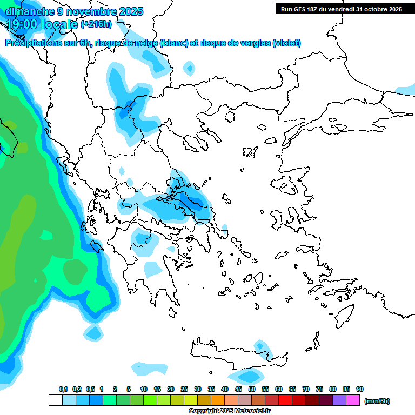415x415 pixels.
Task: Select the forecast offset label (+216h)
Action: (96, 24)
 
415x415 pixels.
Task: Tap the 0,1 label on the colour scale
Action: (63, 389)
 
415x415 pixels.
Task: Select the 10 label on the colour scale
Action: (144, 389)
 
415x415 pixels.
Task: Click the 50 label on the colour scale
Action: (252, 389)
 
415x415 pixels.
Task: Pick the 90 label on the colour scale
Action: (360, 389)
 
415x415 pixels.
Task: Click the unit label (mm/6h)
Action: (377, 401)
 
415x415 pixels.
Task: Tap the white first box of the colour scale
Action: (55, 400)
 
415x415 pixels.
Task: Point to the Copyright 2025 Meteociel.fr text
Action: (230, 411)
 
